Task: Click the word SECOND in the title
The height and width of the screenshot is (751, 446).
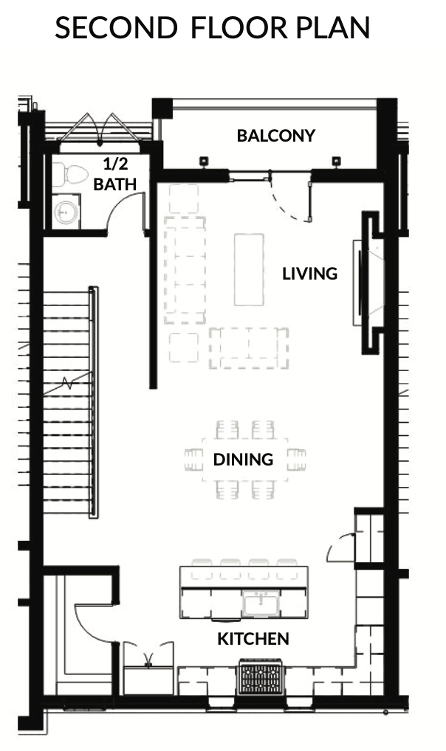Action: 116,27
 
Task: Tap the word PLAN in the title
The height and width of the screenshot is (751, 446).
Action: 332,27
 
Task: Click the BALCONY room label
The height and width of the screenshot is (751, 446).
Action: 276,136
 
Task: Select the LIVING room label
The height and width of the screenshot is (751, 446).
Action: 310,274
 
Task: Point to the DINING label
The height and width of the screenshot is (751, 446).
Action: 243,460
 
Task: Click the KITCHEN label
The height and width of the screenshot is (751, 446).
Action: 253,638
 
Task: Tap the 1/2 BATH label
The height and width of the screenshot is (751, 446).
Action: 115,174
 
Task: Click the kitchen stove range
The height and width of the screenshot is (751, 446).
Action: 261,676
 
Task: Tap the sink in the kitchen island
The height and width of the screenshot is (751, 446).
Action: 261,603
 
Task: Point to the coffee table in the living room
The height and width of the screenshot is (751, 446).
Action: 249,269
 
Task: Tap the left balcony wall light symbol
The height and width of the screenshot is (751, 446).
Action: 204,162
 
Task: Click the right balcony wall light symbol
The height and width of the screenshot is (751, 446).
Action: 336,162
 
